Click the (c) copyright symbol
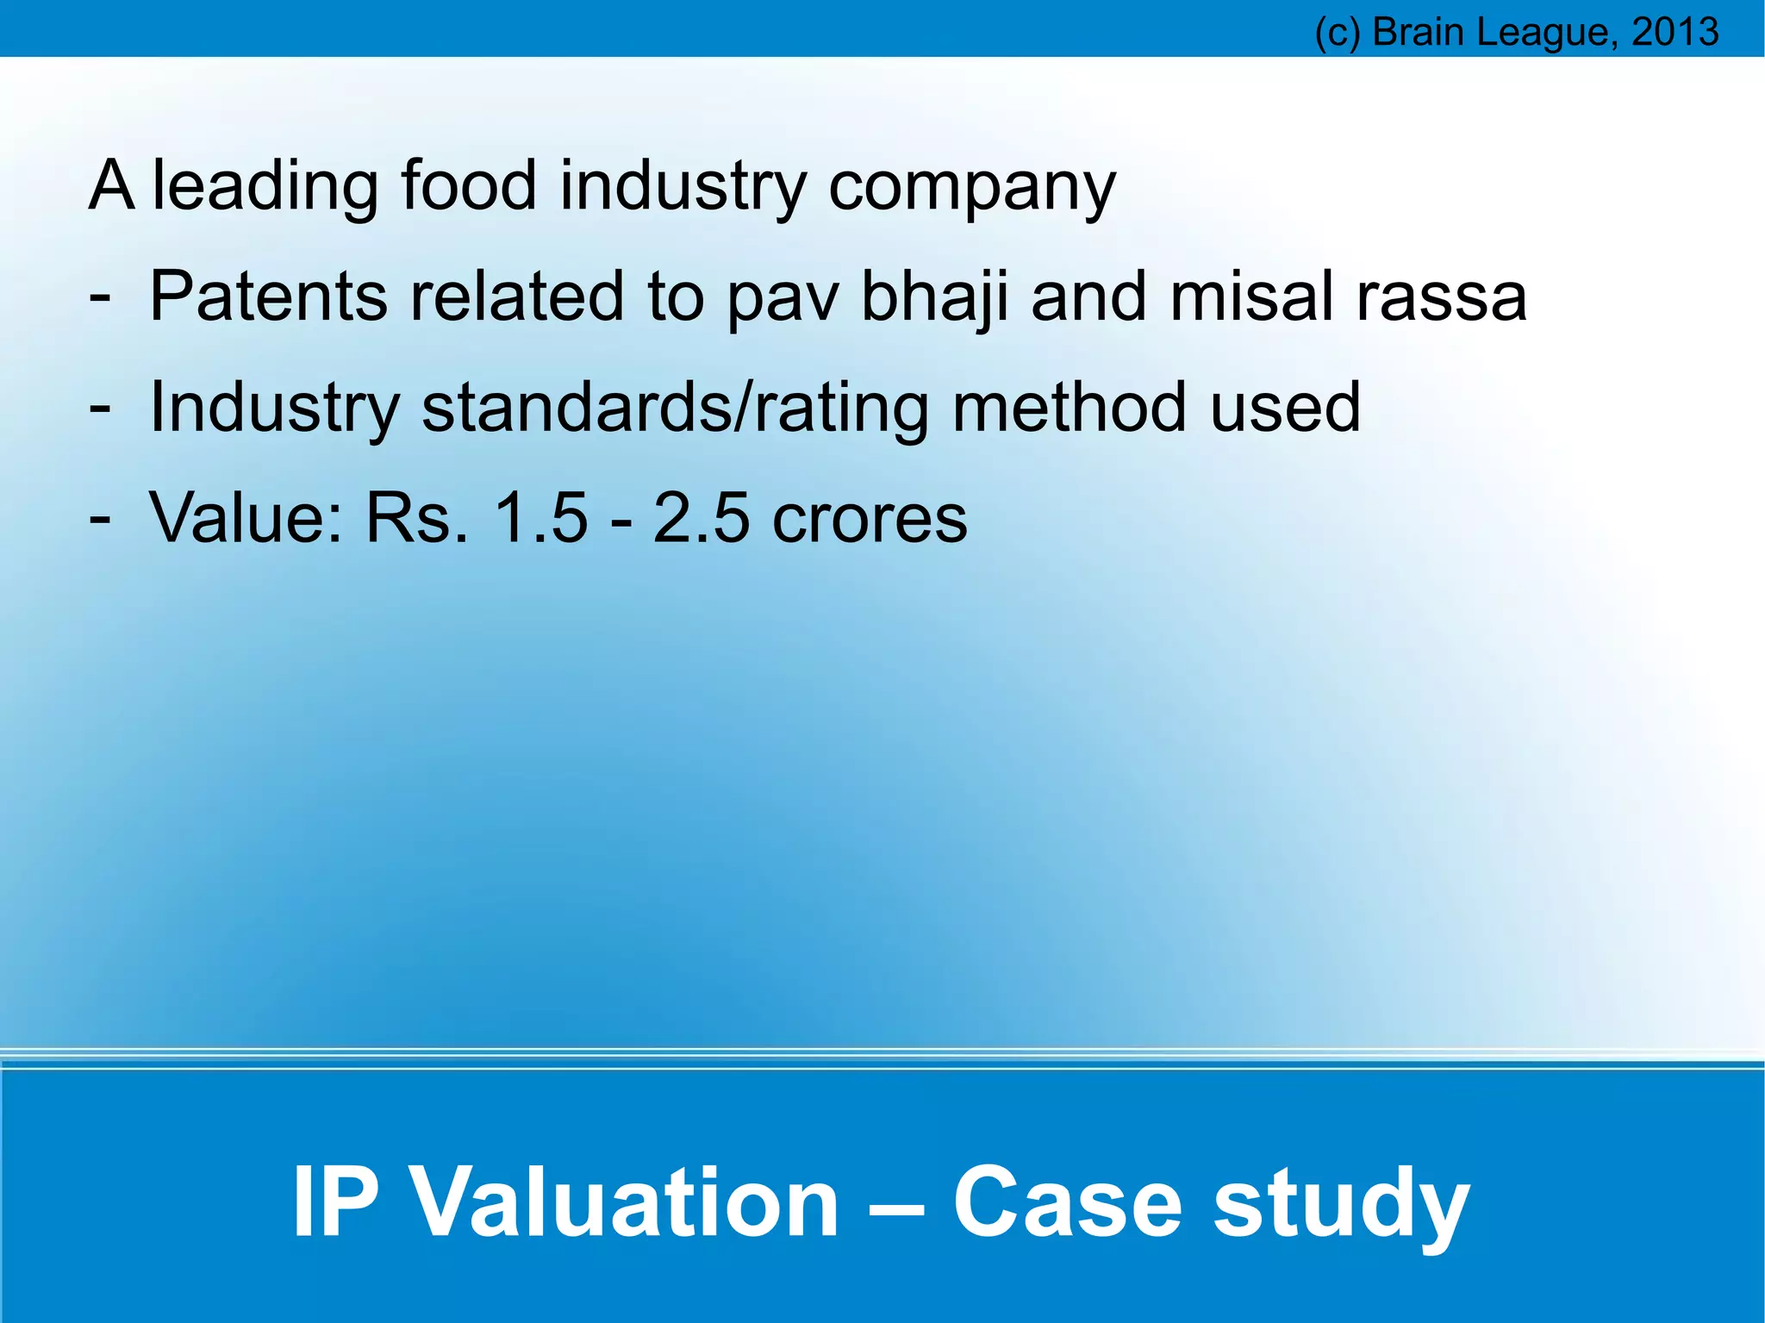click(x=1337, y=33)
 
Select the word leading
click(x=265, y=186)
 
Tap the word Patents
click(x=268, y=296)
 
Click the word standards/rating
click(x=675, y=408)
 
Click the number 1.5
click(x=539, y=517)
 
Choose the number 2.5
click(x=701, y=517)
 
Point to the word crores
click(x=870, y=519)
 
